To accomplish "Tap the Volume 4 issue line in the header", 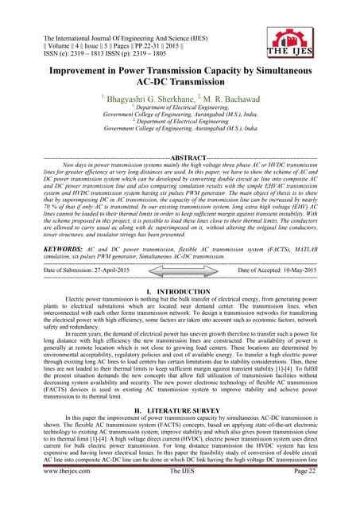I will click(x=106, y=45).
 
